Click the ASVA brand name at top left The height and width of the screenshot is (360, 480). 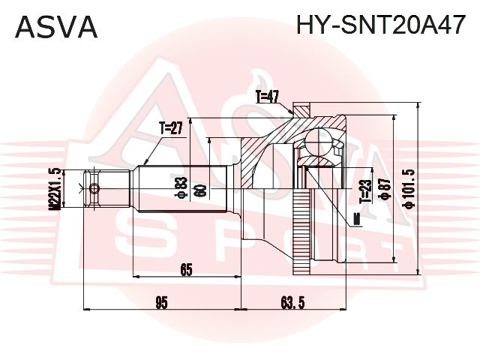pos(56,27)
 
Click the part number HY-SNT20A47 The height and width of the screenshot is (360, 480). pos(380,25)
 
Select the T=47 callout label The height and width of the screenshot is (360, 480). pos(267,97)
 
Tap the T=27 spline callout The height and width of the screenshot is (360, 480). pos(170,128)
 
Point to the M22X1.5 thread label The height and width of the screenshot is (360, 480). pos(55,189)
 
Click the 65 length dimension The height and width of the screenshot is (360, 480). pos(186,270)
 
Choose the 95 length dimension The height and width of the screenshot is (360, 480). pos(161,303)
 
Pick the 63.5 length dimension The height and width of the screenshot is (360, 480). pos(293,303)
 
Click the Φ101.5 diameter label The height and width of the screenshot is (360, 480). pos(409,189)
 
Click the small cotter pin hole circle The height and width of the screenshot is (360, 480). pos(94,188)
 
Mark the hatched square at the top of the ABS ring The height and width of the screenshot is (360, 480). pos(301,109)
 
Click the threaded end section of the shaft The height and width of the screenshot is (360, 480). pos(106,189)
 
